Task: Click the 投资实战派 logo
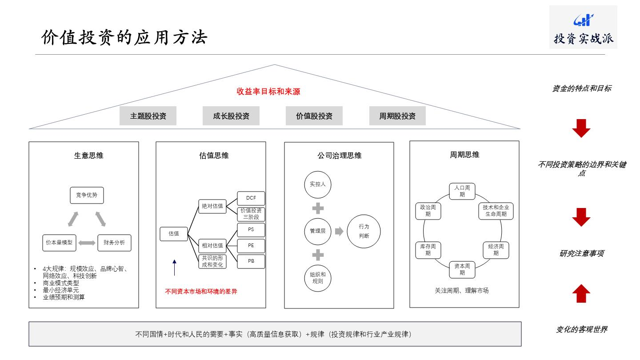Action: (x=583, y=27)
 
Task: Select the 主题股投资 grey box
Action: (x=148, y=116)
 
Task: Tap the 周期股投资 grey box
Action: (x=397, y=116)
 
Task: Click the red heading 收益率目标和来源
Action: (x=268, y=92)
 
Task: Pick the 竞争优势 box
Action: (x=87, y=195)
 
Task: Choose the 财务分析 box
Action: (x=114, y=243)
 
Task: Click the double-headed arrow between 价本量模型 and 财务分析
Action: (x=87, y=243)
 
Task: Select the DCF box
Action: (x=251, y=198)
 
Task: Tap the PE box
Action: (x=251, y=246)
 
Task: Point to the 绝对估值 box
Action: (x=212, y=206)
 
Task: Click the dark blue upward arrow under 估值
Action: (x=174, y=267)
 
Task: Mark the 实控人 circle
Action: (x=318, y=184)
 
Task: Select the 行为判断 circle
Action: (x=364, y=231)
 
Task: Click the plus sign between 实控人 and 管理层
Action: (x=318, y=208)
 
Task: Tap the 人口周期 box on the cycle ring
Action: (x=462, y=191)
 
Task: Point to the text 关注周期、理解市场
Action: (x=464, y=291)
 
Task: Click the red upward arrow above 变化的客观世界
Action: (x=581, y=293)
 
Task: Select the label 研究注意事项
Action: (x=581, y=254)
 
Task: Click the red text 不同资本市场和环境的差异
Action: (x=201, y=292)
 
